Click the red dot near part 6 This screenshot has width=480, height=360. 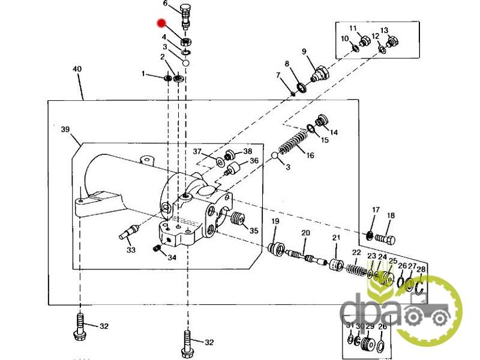(161, 24)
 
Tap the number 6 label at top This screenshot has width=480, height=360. (166, 3)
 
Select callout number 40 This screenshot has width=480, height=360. (77, 69)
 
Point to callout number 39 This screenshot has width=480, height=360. (65, 129)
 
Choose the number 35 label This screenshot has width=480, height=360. (254, 231)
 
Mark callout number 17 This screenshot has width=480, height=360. (376, 210)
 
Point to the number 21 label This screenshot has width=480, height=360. (336, 238)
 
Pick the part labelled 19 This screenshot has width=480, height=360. (277, 248)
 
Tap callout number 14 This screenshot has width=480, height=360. (334, 133)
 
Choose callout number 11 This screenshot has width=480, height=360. (353, 28)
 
